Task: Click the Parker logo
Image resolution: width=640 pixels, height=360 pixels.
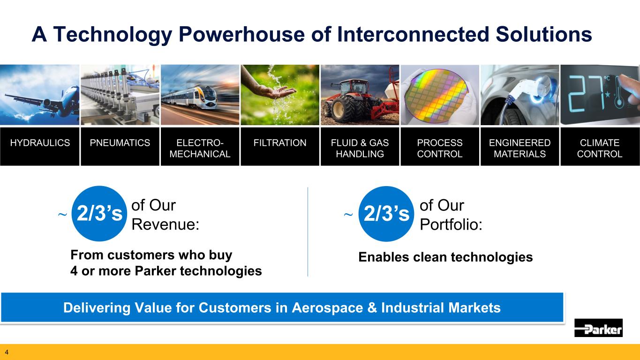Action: (598, 328)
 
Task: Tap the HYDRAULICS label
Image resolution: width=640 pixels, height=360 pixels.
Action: (40, 142)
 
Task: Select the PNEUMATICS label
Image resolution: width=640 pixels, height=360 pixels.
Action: (120, 142)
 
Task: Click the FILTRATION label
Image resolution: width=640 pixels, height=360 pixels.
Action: (280, 142)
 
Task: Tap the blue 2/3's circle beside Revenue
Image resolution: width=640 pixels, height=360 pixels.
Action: (99, 213)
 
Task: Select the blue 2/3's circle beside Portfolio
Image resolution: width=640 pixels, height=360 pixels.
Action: (386, 214)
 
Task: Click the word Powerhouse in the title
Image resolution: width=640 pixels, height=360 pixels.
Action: (242, 34)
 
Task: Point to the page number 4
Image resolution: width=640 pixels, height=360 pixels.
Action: (7, 352)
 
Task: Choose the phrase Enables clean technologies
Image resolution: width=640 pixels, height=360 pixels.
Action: (445, 257)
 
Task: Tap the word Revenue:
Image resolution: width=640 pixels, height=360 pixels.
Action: (165, 224)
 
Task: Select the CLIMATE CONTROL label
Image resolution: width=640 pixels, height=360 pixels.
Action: (600, 148)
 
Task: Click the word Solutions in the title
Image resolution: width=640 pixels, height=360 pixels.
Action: (544, 34)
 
